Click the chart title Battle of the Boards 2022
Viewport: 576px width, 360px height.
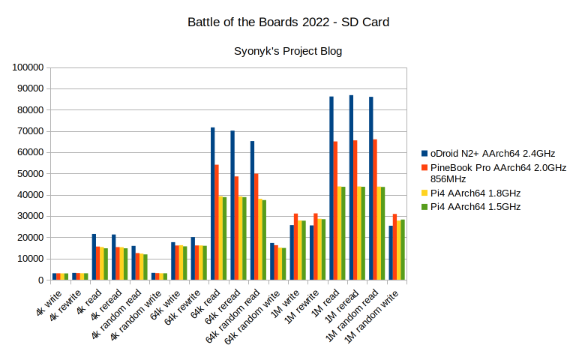(288, 22)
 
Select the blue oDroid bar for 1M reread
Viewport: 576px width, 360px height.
(352, 187)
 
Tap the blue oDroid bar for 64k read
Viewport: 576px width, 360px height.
(213, 203)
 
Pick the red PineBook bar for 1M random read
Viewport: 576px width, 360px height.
(376, 209)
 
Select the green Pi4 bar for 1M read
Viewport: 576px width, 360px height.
(343, 233)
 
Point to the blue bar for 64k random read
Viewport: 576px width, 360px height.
(252, 210)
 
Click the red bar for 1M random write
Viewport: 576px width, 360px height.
(395, 247)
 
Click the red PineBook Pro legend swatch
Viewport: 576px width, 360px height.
(424, 167)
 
